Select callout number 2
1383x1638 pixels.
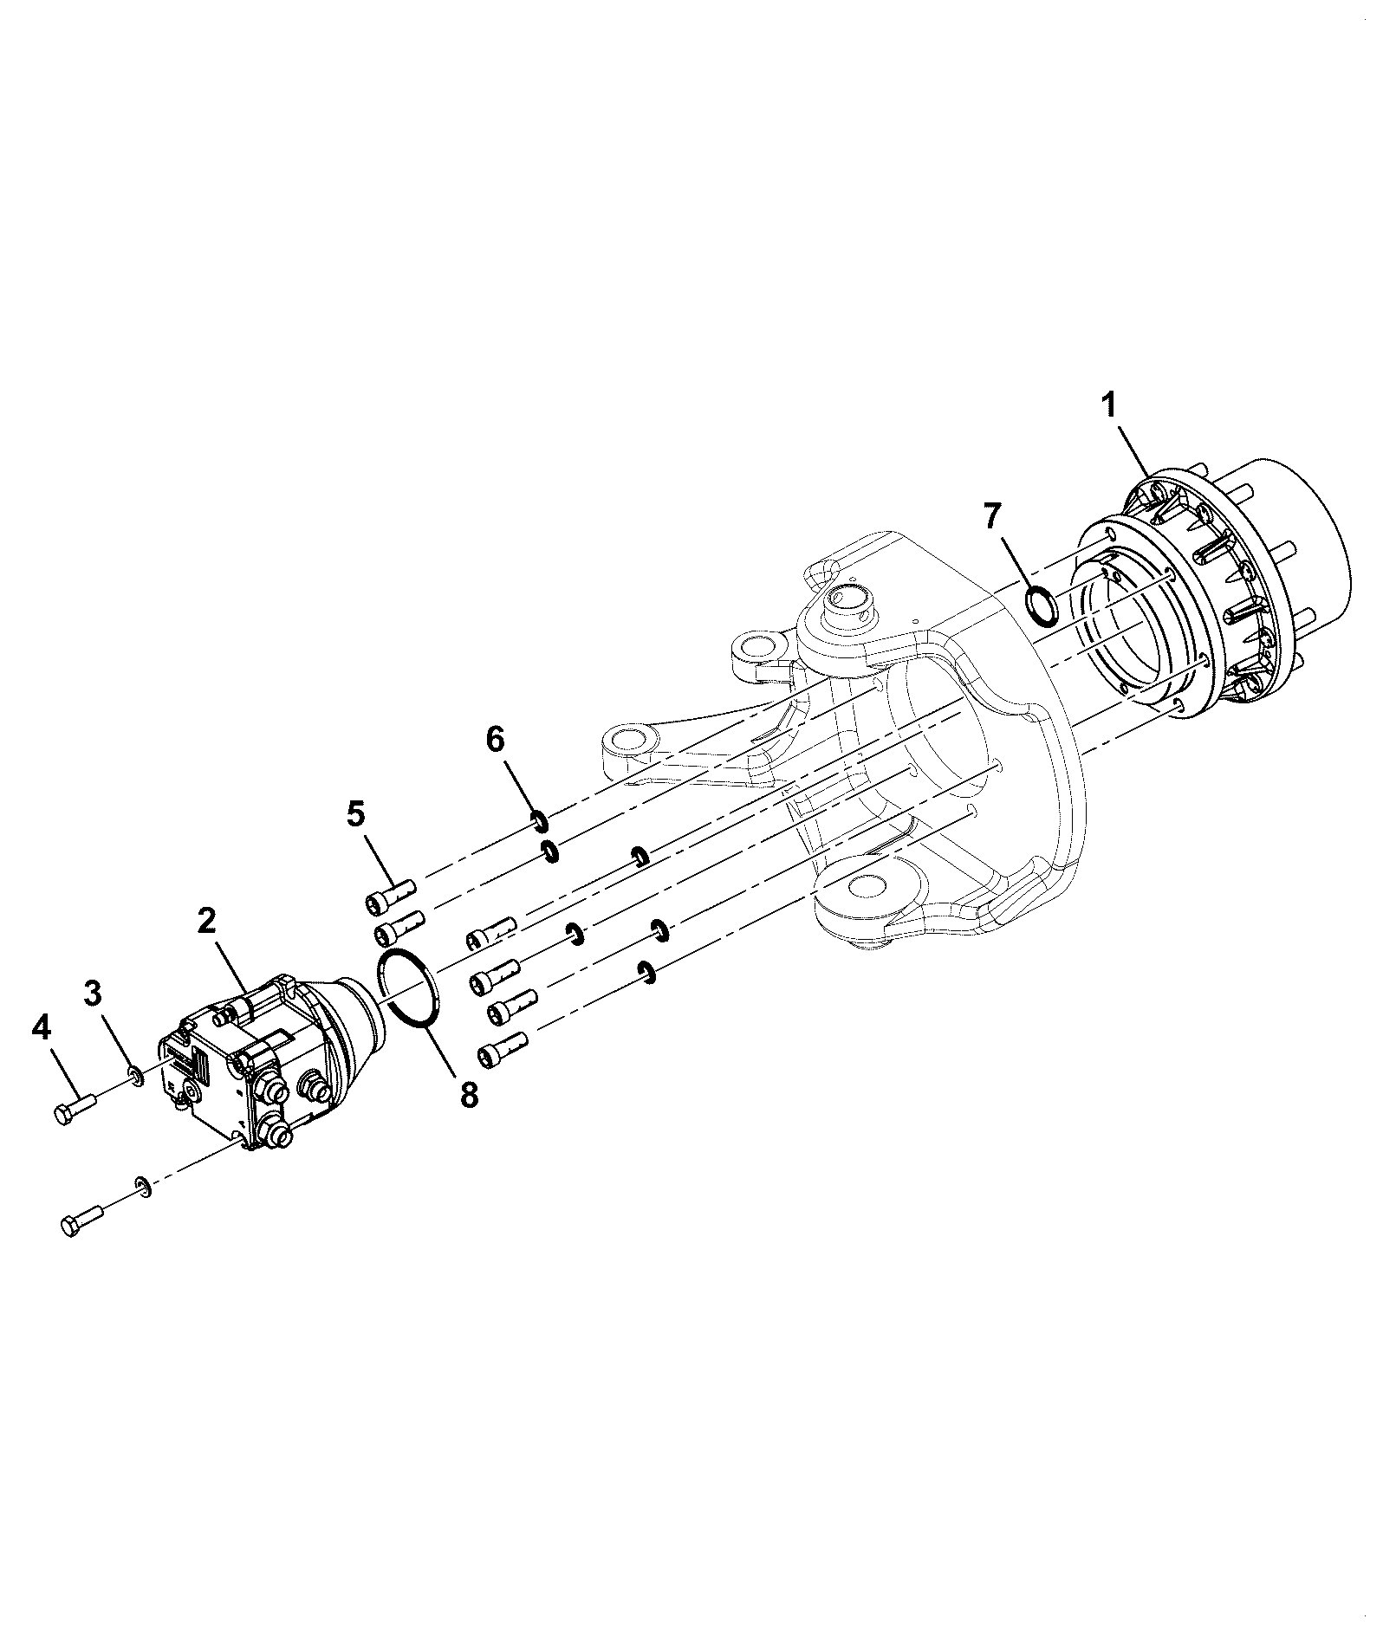point(205,920)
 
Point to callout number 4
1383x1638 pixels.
point(41,1028)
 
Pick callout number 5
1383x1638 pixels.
point(356,814)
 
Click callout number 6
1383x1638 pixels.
point(495,740)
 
